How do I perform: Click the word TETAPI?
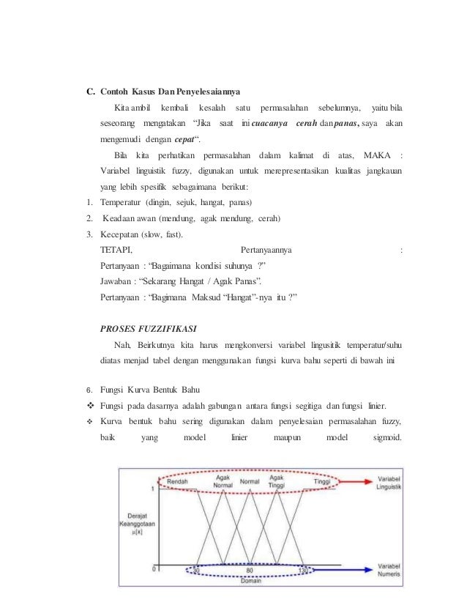pyautogui.click(x=116, y=250)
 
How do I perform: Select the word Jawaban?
pyautogui.click(x=117, y=281)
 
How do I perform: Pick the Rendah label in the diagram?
pyautogui.click(x=178, y=481)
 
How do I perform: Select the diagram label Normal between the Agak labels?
pyautogui.click(x=250, y=481)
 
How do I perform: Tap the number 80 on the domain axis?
pyautogui.click(x=249, y=569)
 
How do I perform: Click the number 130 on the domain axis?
pyautogui.click(x=303, y=569)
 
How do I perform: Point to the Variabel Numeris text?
pyautogui.click(x=394, y=570)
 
